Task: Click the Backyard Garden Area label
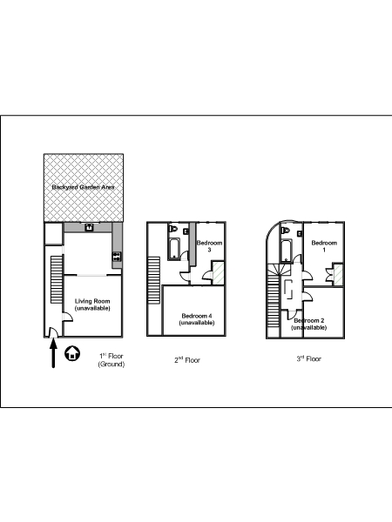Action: (x=83, y=187)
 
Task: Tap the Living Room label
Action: (x=92, y=304)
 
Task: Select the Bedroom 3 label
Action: (x=209, y=246)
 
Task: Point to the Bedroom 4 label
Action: (x=197, y=319)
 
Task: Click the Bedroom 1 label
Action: (x=324, y=246)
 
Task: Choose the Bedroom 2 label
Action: (x=309, y=324)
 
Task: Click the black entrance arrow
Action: (x=53, y=353)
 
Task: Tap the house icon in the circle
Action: (x=72, y=353)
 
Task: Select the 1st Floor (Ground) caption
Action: (x=112, y=360)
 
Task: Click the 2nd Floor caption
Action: (x=187, y=360)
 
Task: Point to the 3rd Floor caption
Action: (x=309, y=358)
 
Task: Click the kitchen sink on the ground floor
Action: (x=89, y=228)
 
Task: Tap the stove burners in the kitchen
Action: (x=117, y=257)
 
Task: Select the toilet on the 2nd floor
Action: (x=173, y=229)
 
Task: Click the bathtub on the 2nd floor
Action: (x=174, y=249)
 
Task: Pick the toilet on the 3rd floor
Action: (x=286, y=231)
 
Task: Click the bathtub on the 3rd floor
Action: (x=287, y=251)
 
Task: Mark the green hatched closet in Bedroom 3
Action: (x=219, y=273)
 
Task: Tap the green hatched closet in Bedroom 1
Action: (x=338, y=274)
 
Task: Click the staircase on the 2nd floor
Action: (x=153, y=280)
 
